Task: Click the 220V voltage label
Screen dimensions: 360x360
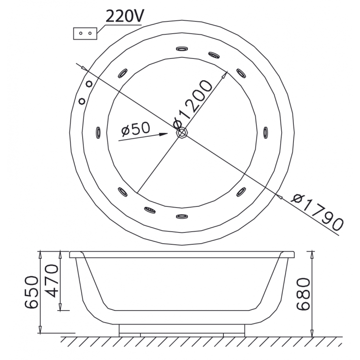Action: (124, 18)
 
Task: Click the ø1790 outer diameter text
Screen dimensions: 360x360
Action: (318, 212)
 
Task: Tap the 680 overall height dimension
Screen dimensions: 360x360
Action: (303, 294)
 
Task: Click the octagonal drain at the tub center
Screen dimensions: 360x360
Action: (181, 132)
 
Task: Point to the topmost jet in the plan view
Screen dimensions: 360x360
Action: (181, 49)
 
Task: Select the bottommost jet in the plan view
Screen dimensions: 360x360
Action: (181, 216)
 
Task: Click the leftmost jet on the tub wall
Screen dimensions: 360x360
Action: (98, 132)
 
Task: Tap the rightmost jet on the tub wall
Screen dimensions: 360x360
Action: (266, 132)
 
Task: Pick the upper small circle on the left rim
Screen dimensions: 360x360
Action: (89, 84)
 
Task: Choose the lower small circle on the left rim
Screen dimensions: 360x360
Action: (82, 101)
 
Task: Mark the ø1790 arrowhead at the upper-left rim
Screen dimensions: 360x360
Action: (85, 70)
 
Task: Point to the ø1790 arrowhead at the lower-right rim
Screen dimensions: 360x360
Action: (279, 196)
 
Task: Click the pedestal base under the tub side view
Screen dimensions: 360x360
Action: (181, 330)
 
